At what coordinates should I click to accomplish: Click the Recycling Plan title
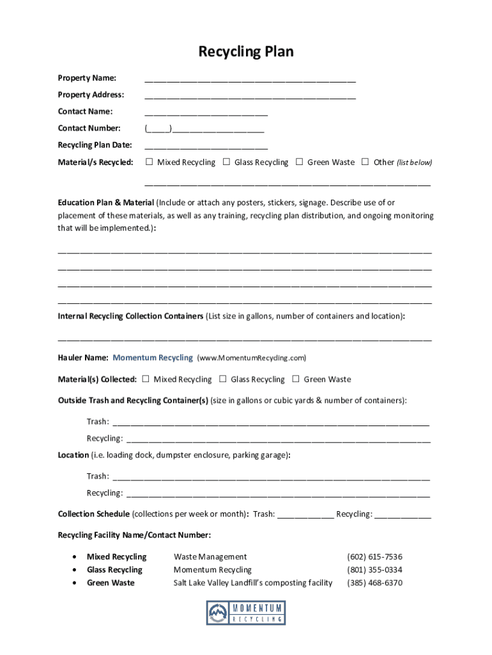tap(246, 52)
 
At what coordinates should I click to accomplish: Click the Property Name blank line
tap(250, 79)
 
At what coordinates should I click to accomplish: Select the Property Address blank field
tap(250, 96)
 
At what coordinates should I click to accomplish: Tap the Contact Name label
tap(85, 111)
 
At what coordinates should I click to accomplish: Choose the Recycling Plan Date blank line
tap(206, 146)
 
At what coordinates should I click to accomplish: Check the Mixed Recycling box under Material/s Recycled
tap(149, 162)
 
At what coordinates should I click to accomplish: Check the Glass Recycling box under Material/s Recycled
tap(226, 162)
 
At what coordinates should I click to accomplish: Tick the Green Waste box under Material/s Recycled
tap(299, 162)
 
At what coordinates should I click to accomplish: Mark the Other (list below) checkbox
tap(365, 162)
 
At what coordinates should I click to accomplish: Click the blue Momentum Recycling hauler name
tap(153, 358)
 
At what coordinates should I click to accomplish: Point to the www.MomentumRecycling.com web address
tap(252, 358)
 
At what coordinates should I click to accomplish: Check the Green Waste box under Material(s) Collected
tap(296, 379)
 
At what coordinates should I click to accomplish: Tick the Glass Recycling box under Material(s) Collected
tap(222, 379)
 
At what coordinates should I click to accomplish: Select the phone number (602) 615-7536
tap(374, 557)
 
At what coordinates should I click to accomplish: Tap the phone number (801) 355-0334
tap(374, 570)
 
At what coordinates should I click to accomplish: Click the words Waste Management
tap(210, 557)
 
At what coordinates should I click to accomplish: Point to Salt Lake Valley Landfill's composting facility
tap(253, 583)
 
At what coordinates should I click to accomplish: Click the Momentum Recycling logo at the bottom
tap(246, 613)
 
